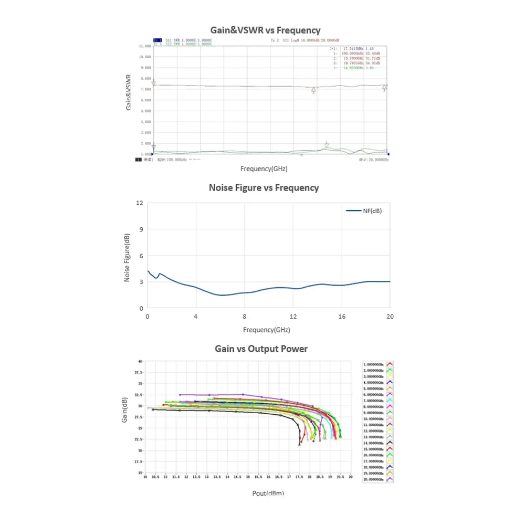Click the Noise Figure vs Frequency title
(x=264, y=187)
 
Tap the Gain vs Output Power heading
(x=261, y=349)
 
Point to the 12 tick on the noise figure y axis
(x=140, y=203)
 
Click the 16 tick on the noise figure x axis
(x=341, y=317)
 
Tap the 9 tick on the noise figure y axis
(x=141, y=229)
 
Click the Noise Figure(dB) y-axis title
(x=127, y=257)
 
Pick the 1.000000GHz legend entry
(x=375, y=364)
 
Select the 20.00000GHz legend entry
(x=375, y=479)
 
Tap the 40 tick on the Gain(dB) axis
(x=140, y=362)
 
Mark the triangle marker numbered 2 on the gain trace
(x=313, y=90)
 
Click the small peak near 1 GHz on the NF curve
(x=159, y=274)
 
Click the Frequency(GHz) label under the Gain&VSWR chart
(x=264, y=169)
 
